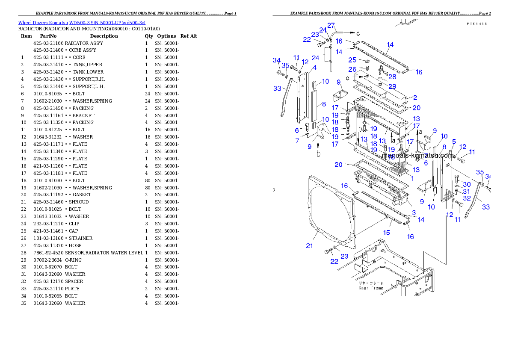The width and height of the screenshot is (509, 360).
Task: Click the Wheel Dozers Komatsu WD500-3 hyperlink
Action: point(81,23)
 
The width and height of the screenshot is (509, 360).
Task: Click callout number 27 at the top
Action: point(331,25)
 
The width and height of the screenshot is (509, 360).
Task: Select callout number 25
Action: point(352,60)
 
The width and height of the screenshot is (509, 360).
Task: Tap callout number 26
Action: point(352,69)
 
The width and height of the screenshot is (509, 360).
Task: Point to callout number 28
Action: point(392,77)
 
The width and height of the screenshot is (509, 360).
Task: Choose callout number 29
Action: point(392,86)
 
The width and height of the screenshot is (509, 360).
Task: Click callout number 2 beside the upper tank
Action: point(415,98)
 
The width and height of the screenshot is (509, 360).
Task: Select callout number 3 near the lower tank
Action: point(414,212)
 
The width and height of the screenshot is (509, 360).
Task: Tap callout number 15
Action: point(386,233)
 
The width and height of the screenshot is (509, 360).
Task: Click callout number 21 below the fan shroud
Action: point(309,245)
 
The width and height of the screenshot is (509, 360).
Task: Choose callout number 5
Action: point(453,142)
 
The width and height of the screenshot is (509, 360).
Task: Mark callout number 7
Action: point(297,141)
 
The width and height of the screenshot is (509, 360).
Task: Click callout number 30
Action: point(467,184)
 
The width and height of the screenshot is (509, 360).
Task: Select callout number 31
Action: point(466,192)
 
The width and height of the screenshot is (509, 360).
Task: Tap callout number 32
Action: point(467,198)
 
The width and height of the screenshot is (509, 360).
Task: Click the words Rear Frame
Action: point(371,288)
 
